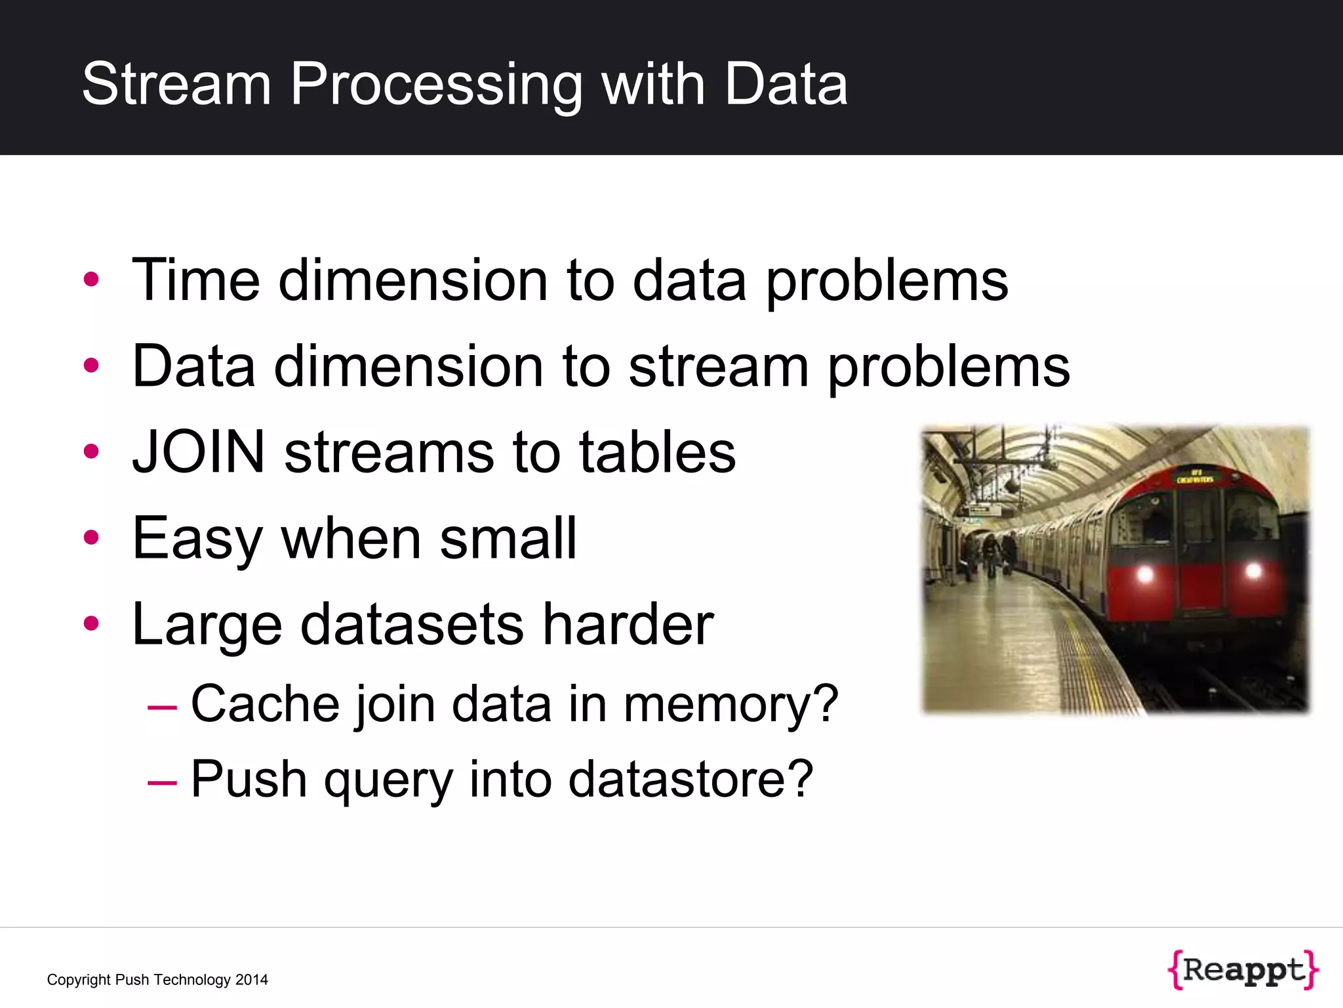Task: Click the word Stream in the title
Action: coord(176,84)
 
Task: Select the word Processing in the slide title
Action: coord(435,85)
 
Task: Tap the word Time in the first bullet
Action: coord(195,280)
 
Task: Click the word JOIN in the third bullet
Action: coord(199,452)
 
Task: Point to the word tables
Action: coord(658,452)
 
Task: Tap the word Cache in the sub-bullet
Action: coord(264,703)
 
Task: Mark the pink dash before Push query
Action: coord(162,782)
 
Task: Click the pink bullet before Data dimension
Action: coord(91,366)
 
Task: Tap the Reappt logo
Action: coord(1243,969)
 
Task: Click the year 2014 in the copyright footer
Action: coord(252,980)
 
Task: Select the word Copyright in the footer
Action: coord(78,980)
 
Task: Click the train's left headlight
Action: coord(1144,575)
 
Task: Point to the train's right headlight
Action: coord(1253,570)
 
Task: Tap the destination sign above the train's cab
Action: coord(1196,476)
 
